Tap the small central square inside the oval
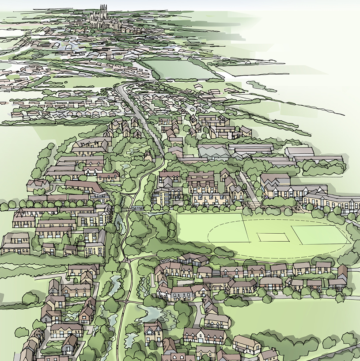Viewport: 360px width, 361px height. (x=266, y=237)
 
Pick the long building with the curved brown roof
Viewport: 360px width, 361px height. (x=82, y=186)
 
